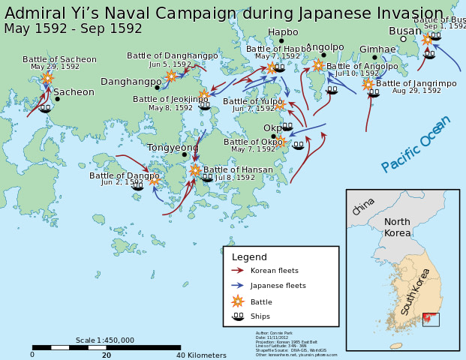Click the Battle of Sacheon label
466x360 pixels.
click(x=59, y=59)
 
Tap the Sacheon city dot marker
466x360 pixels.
click(x=57, y=98)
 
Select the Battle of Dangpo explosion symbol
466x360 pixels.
click(x=154, y=179)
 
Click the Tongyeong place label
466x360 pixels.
click(x=173, y=148)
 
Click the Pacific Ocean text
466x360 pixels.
click(x=416, y=143)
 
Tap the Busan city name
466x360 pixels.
click(x=405, y=31)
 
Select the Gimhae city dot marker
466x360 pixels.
click(x=374, y=58)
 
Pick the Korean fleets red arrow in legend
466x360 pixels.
click(x=238, y=270)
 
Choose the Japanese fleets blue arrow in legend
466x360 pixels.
click(x=238, y=285)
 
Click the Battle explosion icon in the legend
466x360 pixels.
click(x=238, y=301)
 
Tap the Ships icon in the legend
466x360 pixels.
click(x=238, y=316)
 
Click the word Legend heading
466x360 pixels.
click(x=249, y=257)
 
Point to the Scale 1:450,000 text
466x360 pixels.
click(x=105, y=340)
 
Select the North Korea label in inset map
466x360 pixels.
click(x=398, y=227)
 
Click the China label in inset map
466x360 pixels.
click(x=363, y=206)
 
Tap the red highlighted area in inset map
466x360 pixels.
click(x=430, y=319)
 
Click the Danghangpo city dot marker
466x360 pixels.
click(x=157, y=88)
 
